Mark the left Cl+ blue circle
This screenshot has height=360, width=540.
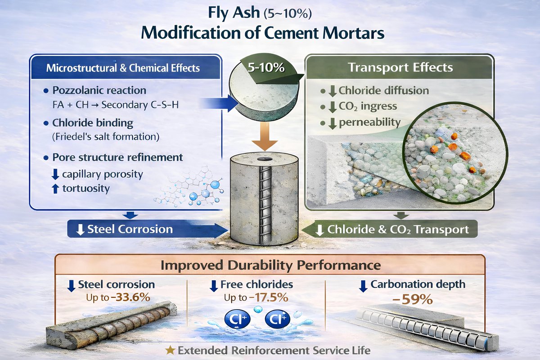point(234,319)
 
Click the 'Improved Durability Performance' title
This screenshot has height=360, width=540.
point(270,265)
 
